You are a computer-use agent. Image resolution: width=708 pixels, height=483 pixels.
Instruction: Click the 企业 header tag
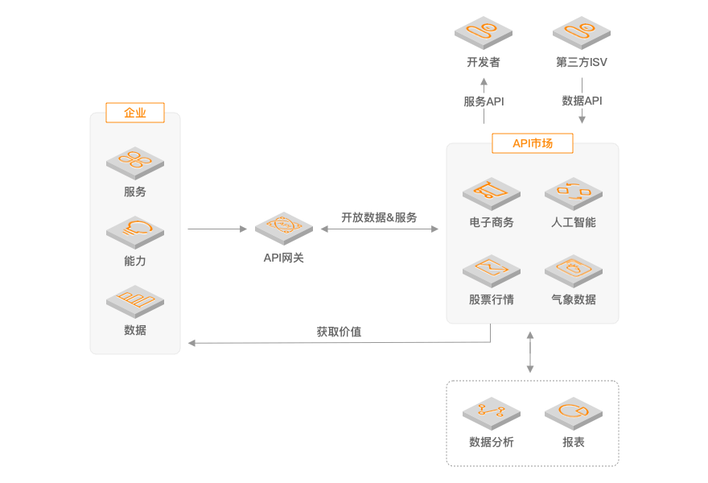tap(134, 113)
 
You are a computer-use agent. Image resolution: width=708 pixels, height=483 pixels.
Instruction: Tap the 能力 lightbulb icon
tap(135, 231)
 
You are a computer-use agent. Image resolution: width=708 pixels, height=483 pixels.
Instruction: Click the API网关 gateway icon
tap(283, 228)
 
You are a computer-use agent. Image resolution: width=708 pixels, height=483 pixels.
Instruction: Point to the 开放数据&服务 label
tap(379, 217)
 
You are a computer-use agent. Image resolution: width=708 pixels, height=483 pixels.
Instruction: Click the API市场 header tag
tap(533, 143)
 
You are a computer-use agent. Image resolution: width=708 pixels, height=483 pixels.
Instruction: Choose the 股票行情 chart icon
tap(491, 270)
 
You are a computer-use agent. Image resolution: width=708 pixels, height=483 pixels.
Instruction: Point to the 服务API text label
tap(484, 101)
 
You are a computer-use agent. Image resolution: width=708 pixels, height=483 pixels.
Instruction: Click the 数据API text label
tap(582, 101)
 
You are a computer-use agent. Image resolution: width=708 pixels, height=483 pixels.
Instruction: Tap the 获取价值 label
tap(339, 332)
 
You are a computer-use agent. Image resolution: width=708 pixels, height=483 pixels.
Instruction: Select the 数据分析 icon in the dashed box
tap(491, 413)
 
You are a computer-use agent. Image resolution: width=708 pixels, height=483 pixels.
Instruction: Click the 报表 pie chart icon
tap(573, 413)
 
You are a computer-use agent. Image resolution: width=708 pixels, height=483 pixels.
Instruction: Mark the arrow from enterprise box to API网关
tap(217, 229)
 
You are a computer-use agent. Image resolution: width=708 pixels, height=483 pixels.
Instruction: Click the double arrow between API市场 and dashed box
tap(529, 352)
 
